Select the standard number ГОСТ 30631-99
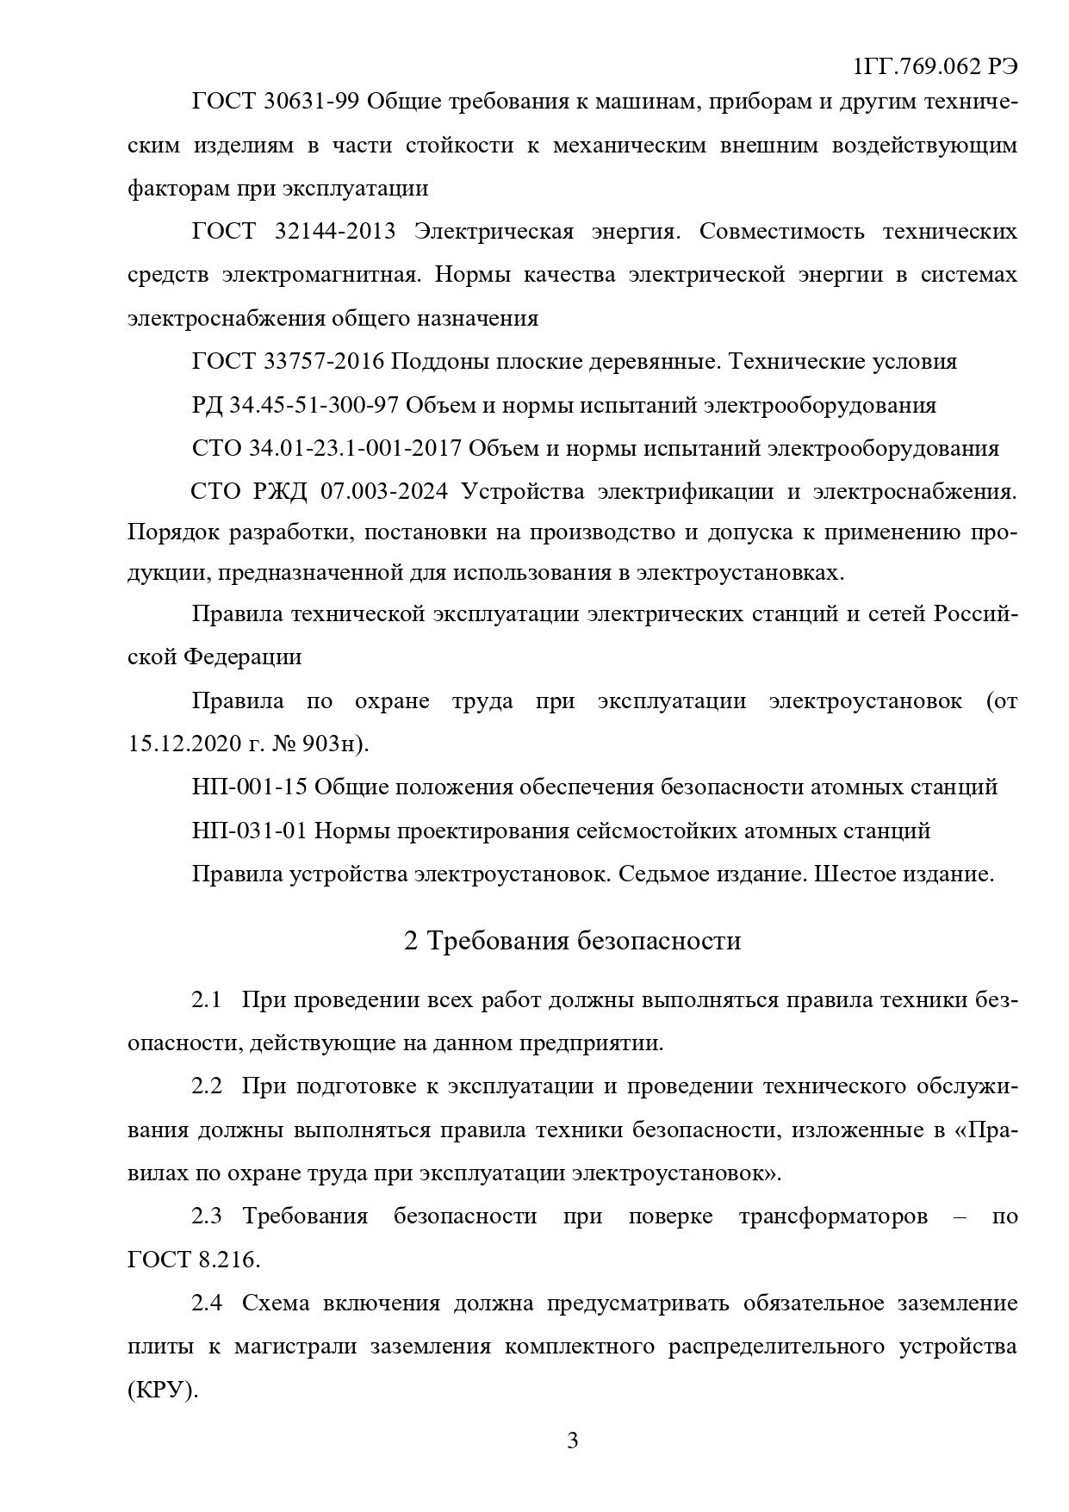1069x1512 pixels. [275, 103]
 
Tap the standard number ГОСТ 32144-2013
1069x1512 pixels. [294, 232]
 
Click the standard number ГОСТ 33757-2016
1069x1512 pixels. [288, 362]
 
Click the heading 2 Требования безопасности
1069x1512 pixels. [572, 941]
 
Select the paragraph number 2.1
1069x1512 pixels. [207, 1001]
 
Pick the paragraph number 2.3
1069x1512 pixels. [207, 1216]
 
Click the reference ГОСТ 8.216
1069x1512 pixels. [193, 1260]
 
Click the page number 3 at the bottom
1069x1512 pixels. [573, 1440]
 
